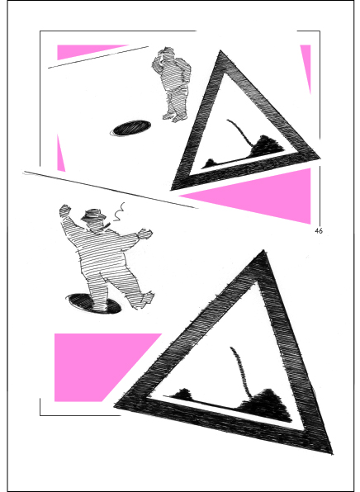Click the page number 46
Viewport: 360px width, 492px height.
tap(319, 231)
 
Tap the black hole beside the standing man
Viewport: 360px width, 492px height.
tap(131, 128)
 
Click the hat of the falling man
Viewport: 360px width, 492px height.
tap(93, 215)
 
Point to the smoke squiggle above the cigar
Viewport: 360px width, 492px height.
tap(119, 212)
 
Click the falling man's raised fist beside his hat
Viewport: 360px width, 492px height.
tap(65, 211)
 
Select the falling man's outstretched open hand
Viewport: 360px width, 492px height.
tap(145, 234)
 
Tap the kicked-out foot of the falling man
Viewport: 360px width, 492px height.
tap(146, 299)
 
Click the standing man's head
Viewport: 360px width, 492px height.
tap(165, 54)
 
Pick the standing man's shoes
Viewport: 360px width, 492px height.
tap(174, 117)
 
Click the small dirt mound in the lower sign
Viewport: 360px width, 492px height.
tap(182, 395)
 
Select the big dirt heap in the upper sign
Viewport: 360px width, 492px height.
tap(267, 146)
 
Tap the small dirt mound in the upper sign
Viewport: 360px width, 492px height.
tap(210, 163)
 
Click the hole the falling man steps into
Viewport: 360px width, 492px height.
tap(94, 303)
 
